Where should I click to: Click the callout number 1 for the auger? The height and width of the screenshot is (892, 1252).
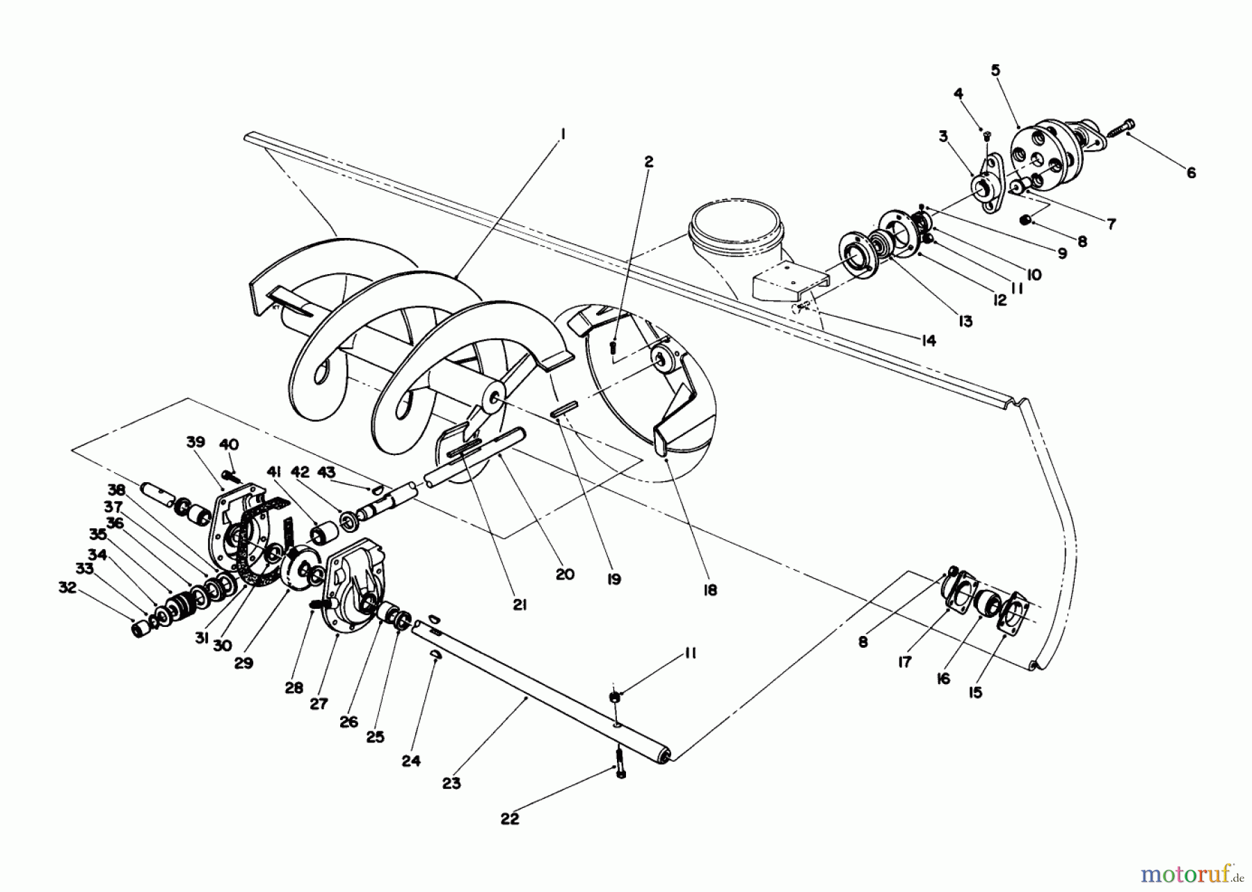[x=563, y=132]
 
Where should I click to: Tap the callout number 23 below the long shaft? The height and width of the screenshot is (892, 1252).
[x=451, y=783]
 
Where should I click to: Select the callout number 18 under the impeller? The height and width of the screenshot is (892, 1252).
[x=709, y=590]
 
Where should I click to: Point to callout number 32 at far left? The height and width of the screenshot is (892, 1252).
[x=67, y=588]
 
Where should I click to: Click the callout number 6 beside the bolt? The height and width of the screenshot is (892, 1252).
[x=1191, y=173]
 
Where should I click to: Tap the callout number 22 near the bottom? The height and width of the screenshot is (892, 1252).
[x=510, y=819]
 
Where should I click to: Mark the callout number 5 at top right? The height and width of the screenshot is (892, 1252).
[x=995, y=70]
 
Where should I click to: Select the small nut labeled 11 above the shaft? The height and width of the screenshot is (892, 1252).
[x=616, y=698]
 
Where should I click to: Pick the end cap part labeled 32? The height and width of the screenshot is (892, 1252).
[x=141, y=629]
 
